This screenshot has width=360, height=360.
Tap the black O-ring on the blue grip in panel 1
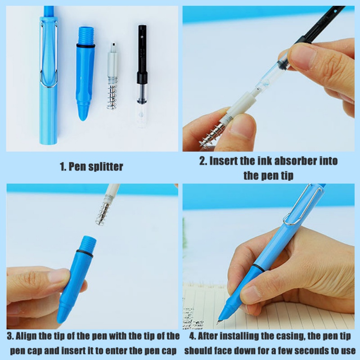click(x=85, y=46)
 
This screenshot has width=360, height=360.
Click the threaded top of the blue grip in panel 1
click(x=86, y=35)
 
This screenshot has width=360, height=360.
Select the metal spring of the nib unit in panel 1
click(x=112, y=94)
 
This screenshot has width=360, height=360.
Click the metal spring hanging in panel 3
click(x=103, y=213)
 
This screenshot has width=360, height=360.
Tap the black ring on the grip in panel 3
click(x=85, y=253)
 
